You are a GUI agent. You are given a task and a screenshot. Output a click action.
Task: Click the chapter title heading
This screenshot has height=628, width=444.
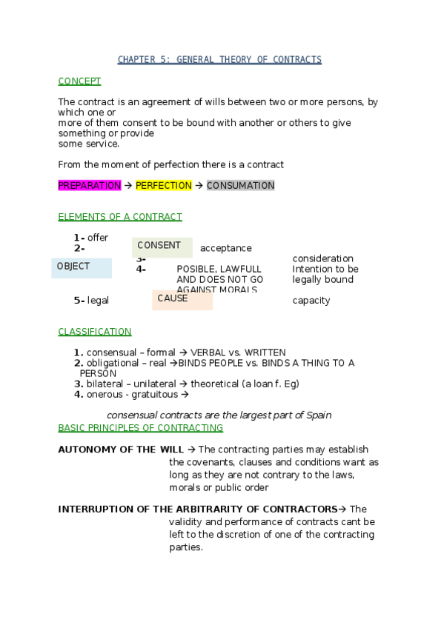[x=220, y=60]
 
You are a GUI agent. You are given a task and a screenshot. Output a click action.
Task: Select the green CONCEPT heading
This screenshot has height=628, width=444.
[x=79, y=81]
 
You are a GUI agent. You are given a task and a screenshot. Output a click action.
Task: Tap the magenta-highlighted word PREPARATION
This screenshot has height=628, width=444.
[x=89, y=186]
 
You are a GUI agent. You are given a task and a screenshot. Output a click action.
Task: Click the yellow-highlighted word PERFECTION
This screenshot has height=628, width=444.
[x=164, y=186]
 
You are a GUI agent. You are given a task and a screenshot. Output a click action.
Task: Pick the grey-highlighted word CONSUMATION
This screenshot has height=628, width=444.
[x=240, y=186]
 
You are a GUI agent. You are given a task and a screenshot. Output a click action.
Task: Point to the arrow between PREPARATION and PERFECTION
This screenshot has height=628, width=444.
[x=128, y=186]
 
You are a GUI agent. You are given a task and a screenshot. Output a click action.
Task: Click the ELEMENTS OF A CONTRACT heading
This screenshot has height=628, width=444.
[x=119, y=217]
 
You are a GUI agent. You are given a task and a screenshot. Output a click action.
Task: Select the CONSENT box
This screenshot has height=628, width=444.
[x=162, y=247]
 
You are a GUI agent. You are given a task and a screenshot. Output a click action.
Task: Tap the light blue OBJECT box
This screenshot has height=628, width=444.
[x=82, y=267]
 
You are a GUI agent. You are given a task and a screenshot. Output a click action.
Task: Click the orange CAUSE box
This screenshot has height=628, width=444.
[x=182, y=299]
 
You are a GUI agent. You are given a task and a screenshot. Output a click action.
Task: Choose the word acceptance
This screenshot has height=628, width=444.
[x=226, y=249]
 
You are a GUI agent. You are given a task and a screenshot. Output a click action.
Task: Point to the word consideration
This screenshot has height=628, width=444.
[x=323, y=259]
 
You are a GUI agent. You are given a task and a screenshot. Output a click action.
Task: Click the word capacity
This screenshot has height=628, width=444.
[x=311, y=301]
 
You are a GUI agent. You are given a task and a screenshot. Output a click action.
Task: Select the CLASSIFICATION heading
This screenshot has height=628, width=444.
[x=95, y=332]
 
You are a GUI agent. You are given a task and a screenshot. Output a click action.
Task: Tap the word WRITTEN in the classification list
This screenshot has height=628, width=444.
[x=265, y=353]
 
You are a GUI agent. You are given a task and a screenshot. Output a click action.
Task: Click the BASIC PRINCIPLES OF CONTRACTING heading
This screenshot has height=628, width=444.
[x=140, y=428]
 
